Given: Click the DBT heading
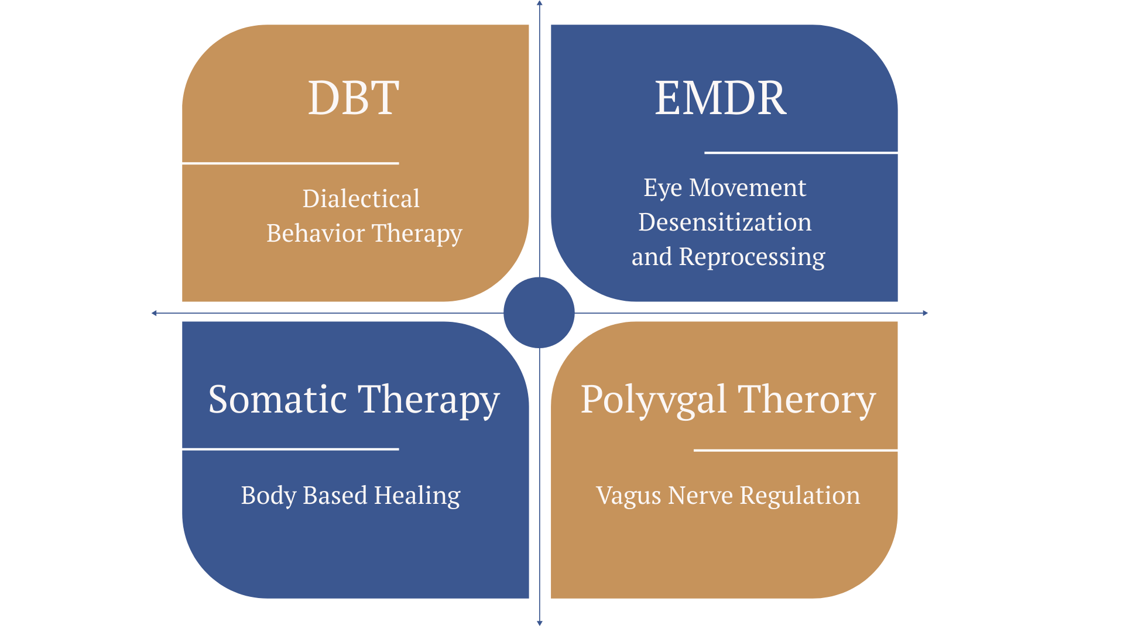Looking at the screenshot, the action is coord(354,98).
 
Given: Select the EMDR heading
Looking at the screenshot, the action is coord(721,98).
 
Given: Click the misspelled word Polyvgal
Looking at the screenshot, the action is coord(653,400).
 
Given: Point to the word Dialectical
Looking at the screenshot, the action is coord(361,199).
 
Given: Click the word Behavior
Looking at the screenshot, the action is coord(316,233).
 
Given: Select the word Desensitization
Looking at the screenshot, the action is coord(725,222).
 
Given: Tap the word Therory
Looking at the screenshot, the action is coord(807,400).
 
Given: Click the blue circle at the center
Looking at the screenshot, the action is coord(539,312).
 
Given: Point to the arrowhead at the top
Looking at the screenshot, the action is coord(540,3).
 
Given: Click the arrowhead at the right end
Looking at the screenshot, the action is coord(926,313).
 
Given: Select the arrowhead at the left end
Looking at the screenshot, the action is coord(154,313).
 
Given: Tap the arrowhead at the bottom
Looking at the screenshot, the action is coord(540,623).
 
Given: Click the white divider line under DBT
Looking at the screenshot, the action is coord(290,163).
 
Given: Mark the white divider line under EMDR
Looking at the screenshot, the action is coord(801,153).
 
